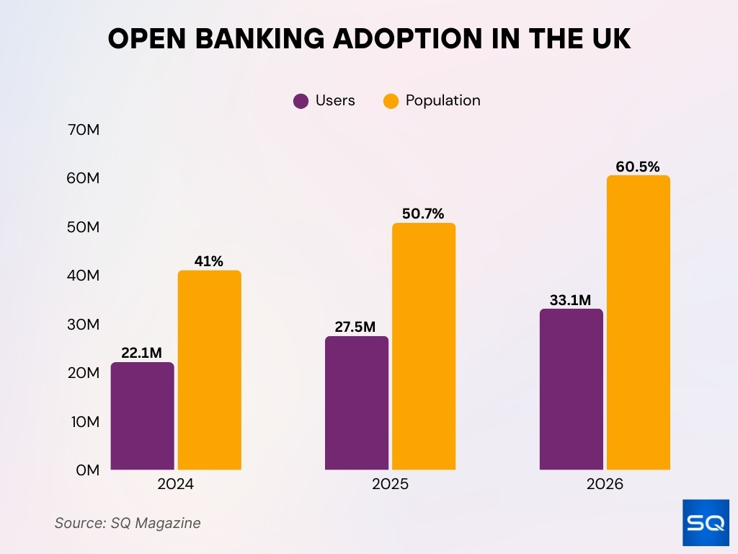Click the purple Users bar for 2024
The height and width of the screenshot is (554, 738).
pyautogui.click(x=143, y=416)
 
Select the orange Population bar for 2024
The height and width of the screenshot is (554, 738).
pyautogui.click(x=209, y=370)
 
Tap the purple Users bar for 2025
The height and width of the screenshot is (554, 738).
pyautogui.click(x=357, y=403)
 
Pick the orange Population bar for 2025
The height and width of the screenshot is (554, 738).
pyautogui.click(x=424, y=346)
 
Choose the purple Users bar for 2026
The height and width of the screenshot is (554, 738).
pyautogui.click(x=571, y=390)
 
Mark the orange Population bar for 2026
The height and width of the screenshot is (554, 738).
pyautogui.click(x=638, y=322)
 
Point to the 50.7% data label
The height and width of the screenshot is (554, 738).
pyautogui.click(x=423, y=214)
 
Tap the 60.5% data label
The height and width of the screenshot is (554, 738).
pyautogui.click(x=638, y=167)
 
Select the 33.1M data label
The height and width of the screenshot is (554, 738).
pyautogui.click(x=571, y=299)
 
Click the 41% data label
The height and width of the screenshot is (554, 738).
pyautogui.click(x=209, y=261)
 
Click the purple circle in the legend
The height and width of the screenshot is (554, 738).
pyautogui.click(x=301, y=101)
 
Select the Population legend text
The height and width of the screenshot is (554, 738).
pyautogui.click(x=443, y=101)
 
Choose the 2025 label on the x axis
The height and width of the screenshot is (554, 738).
pyautogui.click(x=390, y=484)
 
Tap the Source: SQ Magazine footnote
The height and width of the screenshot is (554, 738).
pyautogui.click(x=128, y=523)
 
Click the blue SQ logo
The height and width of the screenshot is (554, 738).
pyautogui.click(x=706, y=522)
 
